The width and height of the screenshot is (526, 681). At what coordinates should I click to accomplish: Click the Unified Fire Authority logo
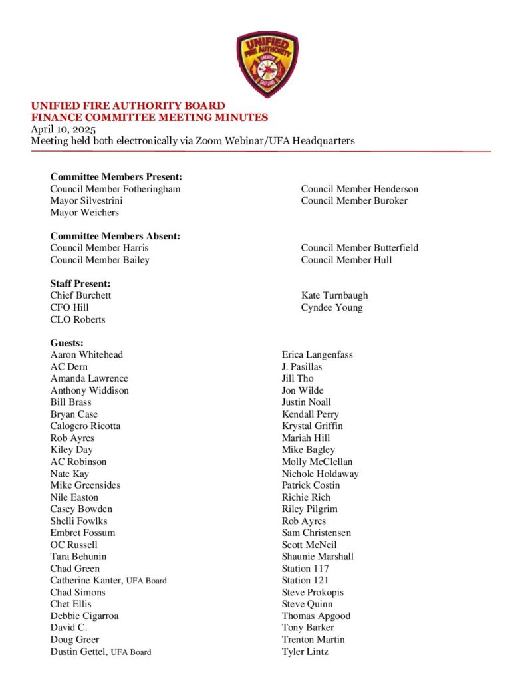coord(267,64)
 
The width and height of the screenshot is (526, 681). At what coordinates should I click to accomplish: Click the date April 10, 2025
coord(64,129)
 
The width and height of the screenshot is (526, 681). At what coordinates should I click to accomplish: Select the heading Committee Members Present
coord(116,177)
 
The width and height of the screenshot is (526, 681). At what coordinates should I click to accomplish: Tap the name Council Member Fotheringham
coord(115,189)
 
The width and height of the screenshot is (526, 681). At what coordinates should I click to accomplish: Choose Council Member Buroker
coord(354,201)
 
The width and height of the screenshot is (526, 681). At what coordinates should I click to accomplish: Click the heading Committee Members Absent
coord(115,236)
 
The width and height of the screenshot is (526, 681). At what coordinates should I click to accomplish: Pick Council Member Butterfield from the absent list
coord(359,248)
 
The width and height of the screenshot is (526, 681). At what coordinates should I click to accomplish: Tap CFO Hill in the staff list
coord(69,307)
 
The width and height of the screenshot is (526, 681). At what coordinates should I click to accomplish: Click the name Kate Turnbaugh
coord(334,295)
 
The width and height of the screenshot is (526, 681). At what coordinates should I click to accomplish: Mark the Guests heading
coord(67,343)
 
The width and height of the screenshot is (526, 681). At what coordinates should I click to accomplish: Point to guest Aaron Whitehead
coord(86,355)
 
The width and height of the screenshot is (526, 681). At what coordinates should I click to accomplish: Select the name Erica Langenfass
coord(317,355)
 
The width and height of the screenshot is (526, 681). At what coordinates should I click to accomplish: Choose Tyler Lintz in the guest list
coord(305,652)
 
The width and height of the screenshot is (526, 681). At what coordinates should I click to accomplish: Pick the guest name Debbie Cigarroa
coord(84,616)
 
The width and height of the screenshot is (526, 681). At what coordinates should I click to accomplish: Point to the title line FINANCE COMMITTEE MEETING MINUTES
coord(150,118)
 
